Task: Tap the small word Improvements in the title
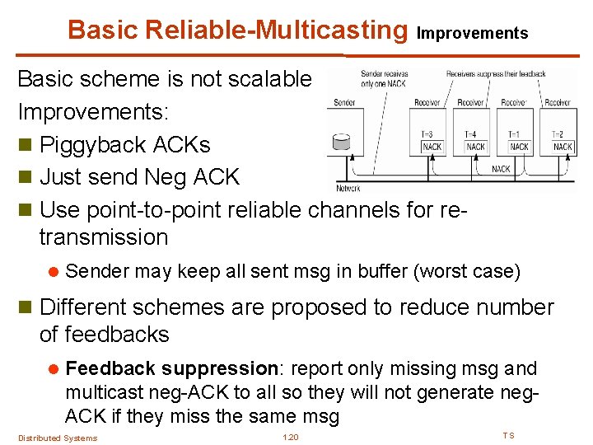click(472, 34)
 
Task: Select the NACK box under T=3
click(432, 147)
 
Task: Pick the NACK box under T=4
click(475, 147)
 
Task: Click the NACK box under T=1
click(519, 147)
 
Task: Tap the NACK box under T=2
click(563, 147)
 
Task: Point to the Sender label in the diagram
click(344, 103)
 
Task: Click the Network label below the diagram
click(348, 188)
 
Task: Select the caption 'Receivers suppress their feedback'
click(496, 74)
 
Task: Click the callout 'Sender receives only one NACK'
click(385, 77)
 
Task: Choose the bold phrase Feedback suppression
click(170, 368)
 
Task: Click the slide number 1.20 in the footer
click(290, 437)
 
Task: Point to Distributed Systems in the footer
click(58, 438)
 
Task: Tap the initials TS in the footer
click(508, 435)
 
